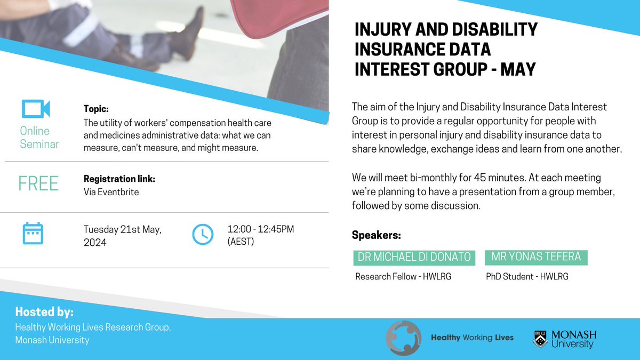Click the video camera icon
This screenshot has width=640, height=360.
(x=35, y=108)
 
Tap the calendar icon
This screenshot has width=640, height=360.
(x=33, y=234)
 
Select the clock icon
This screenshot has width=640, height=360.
(x=202, y=234)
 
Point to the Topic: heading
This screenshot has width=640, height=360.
(x=96, y=109)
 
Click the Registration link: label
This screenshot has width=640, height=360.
(x=119, y=179)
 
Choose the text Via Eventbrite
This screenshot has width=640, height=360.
(x=111, y=191)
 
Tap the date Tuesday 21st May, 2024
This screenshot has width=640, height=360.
(x=122, y=236)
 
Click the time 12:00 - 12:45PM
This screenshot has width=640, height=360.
(x=260, y=229)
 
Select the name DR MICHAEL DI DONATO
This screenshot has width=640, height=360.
(x=413, y=258)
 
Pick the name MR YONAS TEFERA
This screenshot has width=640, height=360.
(x=536, y=258)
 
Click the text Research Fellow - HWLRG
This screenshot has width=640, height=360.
(x=403, y=277)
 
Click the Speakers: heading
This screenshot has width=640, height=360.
(x=376, y=235)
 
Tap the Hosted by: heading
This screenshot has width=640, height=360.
(x=44, y=312)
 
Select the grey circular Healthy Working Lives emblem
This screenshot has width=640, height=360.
(x=404, y=338)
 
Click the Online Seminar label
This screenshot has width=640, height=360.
(x=39, y=137)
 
